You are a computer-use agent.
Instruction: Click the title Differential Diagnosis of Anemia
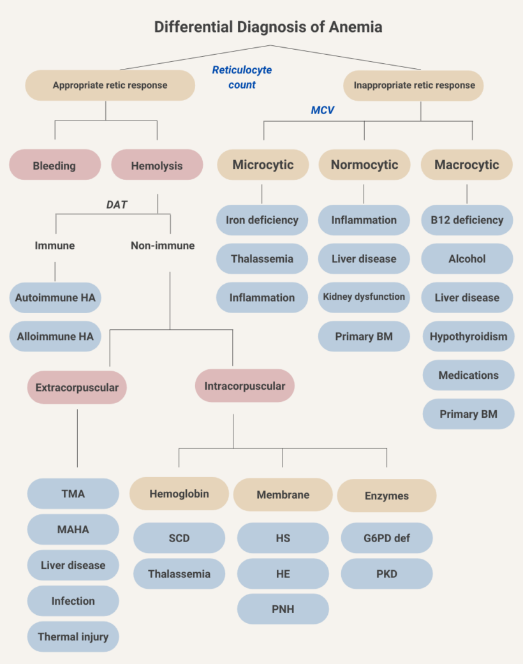coord(268,27)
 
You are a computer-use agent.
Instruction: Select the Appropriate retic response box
coord(110,85)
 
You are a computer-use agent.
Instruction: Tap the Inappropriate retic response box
coord(414,85)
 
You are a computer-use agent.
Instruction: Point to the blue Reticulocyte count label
coord(242,77)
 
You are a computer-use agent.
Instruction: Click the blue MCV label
coord(322,110)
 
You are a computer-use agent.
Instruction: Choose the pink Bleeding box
coord(55,165)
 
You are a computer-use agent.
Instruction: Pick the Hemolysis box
coord(157,165)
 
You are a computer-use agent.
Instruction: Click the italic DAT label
coord(117,205)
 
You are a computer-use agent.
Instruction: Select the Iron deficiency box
coord(262,220)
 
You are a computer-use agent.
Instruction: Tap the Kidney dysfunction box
coord(364,297)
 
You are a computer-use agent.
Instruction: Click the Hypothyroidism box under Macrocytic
coord(468,336)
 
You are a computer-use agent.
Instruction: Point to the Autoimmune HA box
coord(55,297)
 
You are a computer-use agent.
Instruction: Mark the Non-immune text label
coord(163,246)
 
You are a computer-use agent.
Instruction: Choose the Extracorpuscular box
coord(77,387)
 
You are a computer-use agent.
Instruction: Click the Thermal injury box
coord(73,637)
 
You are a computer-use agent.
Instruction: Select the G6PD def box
coord(387,538)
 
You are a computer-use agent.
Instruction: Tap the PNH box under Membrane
coord(283,609)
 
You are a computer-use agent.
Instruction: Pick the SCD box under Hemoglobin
coord(179,538)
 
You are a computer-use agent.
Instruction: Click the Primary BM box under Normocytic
coord(364,336)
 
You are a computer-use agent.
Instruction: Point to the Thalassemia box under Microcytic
coord(262,259)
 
